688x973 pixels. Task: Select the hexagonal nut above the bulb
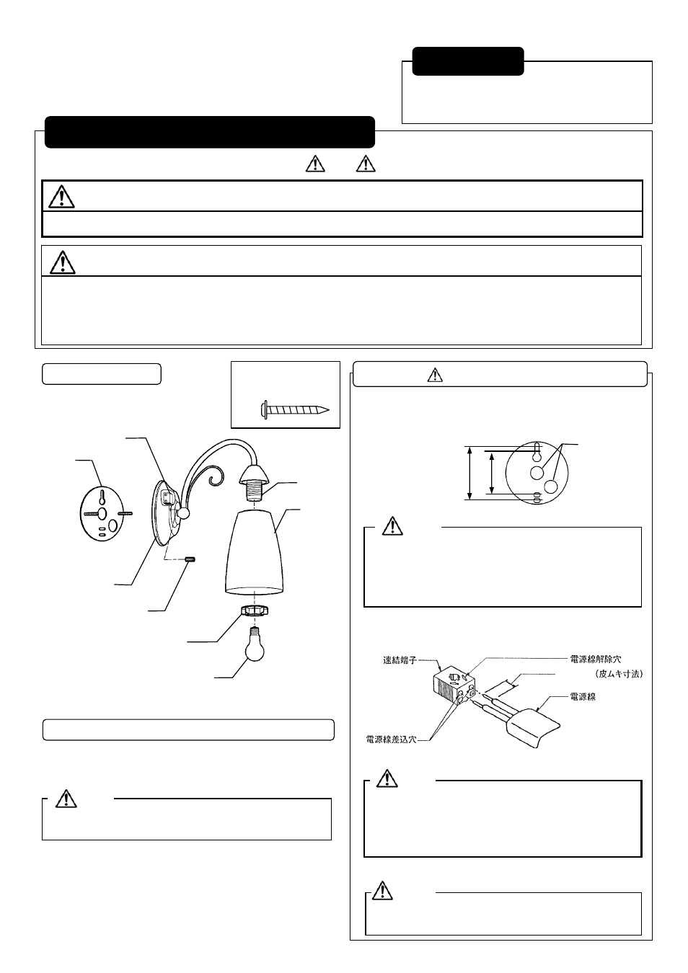(253, 611)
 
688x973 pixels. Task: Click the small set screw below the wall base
(191, 559)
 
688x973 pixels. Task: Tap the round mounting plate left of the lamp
(102, 514)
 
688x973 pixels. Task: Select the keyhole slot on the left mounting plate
(102, 497)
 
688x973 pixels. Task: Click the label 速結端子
(400, 659)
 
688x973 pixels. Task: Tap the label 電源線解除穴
(596, 659)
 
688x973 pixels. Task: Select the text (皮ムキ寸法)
(618, 674)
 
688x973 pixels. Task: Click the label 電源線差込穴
(391, 739)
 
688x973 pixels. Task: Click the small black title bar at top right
(468, 61)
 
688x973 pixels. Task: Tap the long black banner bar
(210, 132)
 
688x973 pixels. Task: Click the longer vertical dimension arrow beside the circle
(470, 473)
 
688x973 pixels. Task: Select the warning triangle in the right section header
(435, 375)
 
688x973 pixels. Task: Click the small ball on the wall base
(184, 513)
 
